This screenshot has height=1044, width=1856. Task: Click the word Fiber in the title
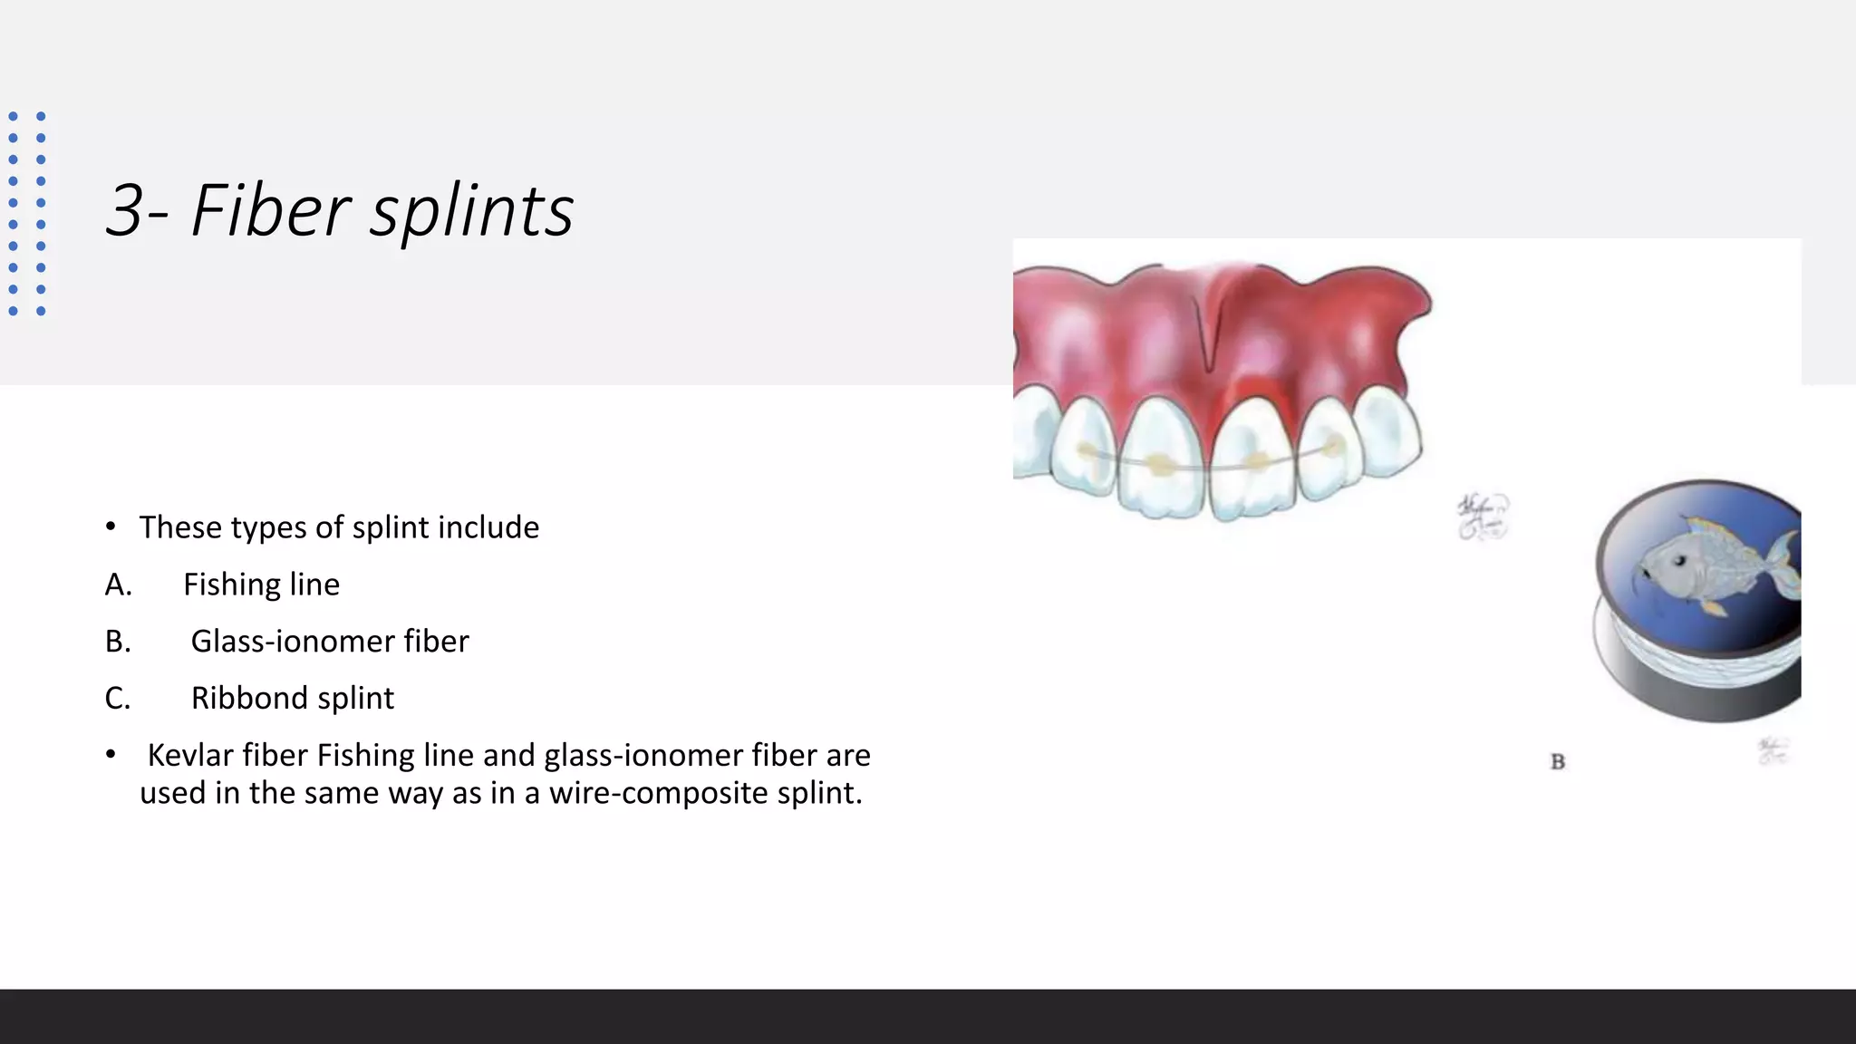pos(270,210)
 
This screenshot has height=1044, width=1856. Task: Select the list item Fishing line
pos(261,585)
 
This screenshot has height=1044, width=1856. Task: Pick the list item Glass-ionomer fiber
pos(330,642)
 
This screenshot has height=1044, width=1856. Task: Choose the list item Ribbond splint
pos(292,698)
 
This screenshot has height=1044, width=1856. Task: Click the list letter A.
pos(118,585)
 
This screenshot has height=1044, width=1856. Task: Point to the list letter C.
pos(118,698)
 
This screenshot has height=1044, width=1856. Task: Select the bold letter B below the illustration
pos(1558,762)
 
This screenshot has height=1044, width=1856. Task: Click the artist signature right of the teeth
pos(1483,517)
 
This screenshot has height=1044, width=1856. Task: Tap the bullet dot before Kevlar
pos(111,755)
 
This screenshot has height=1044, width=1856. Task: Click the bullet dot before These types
pos(111,527)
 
